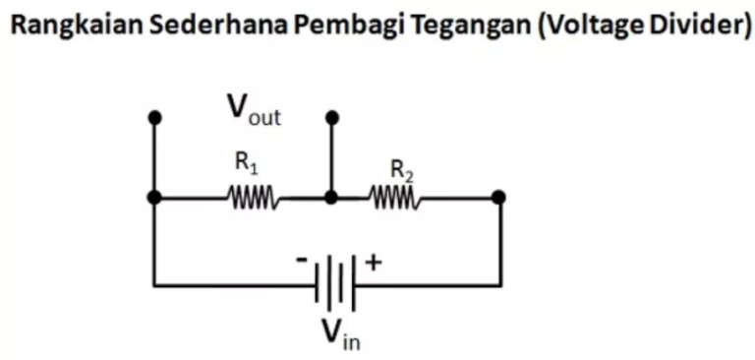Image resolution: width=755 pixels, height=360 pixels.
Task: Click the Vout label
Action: tap(254, 110)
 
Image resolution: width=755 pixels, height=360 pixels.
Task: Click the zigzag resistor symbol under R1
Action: tap(254, 199)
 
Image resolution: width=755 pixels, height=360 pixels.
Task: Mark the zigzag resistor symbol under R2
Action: tap(395, 199)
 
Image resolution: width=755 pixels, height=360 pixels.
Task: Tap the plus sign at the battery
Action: tap(373, 262)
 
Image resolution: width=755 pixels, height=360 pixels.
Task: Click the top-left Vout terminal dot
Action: tap(153, 118)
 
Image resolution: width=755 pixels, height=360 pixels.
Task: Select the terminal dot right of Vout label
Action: tap(331, 118)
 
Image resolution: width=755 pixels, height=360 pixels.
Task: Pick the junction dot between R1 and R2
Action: tap(331, 198)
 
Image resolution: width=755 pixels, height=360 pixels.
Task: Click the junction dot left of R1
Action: tap(153, 198)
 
